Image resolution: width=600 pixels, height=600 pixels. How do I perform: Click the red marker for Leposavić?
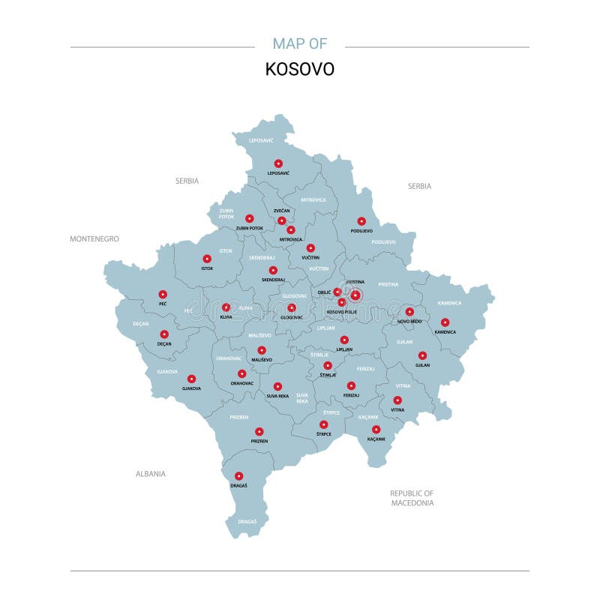point(278,163)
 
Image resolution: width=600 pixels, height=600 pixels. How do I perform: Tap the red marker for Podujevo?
point(361,221)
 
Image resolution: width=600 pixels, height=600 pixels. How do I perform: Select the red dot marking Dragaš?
point(238,475)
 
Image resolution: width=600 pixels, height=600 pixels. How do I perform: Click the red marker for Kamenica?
point(445,322)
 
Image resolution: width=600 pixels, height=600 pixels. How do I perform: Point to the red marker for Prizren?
point(259,431)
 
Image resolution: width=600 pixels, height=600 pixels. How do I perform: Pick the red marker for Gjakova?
point(191,379)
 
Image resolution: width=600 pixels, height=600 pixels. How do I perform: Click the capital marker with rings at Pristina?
point(355,295)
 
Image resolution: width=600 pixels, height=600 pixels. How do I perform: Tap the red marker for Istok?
point(207,259)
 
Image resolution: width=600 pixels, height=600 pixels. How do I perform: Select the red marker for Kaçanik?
point(376,430)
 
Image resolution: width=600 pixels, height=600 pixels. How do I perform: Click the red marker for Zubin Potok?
point(250,218)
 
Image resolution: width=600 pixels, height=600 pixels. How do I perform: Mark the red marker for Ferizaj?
point(351,385)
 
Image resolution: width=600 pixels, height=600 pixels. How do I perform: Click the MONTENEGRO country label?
point(94,239)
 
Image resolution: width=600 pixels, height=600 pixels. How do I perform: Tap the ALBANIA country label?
point(151,474)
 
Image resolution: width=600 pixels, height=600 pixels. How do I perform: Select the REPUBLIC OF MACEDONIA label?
point(412,498)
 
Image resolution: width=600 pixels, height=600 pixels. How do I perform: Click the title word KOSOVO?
point(300,69)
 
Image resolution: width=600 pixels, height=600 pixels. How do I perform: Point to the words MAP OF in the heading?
point(300,43)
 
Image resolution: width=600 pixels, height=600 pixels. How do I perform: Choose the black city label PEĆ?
point(163,304)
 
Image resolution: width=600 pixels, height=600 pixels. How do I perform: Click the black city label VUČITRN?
point(310,258)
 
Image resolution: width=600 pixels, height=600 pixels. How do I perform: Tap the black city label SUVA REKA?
point(277,396)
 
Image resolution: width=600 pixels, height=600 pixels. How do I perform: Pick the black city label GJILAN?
point(422,365)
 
